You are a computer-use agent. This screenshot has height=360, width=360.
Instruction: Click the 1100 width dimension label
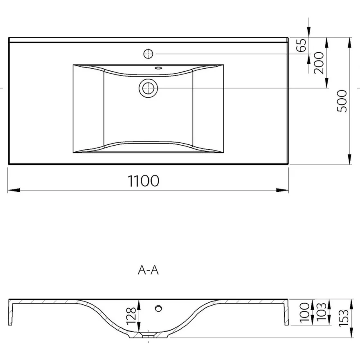pyautogui.click(x=143, y=181)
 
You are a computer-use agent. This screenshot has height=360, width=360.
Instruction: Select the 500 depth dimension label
pyautogui.click(x=342, y=101)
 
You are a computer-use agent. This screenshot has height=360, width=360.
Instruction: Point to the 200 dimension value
pyautogui.click(x=319, y=63)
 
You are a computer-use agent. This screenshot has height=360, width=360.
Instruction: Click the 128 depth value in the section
pyautogui.click(x=132, y=315)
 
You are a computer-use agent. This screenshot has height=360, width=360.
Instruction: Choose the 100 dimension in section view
pyautogui.click(x=305, y=312)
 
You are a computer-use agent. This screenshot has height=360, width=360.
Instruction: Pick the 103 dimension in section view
pyautogui.click(x=321, y=312)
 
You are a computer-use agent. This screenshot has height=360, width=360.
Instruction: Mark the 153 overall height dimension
pyautogui.click(x=344, y=318)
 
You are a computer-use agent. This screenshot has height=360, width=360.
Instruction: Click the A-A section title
pyautogui.click(x=148, y=270)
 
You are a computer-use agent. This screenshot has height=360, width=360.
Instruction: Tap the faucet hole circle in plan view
pyautogui.click(x=148, y=54)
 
